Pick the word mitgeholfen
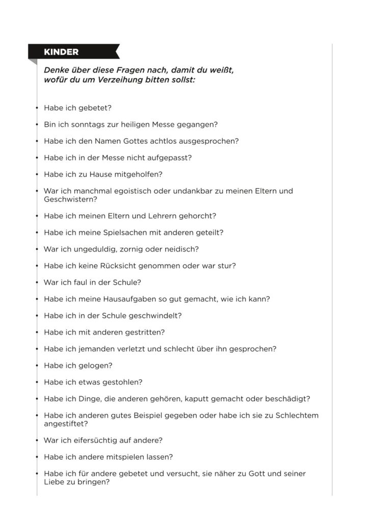[x=139, y=174]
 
